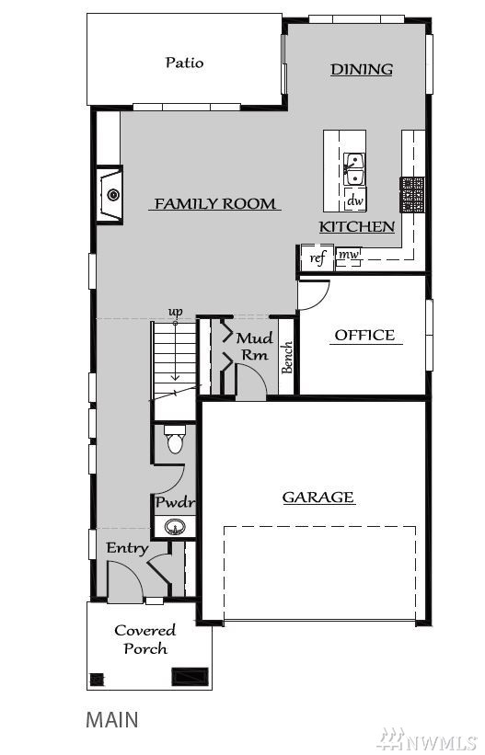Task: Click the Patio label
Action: (x=184, y=63)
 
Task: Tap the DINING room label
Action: (x=362, y=69)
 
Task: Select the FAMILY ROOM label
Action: (x=214, y=203)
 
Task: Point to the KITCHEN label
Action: (x=357, y=226)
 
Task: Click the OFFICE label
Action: (x=365, y=335)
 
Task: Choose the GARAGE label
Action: (x=318, y=497)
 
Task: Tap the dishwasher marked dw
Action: (x=355, y=200)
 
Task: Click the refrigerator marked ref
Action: (x=318, y=257)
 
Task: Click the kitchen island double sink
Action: (x=354, y=169)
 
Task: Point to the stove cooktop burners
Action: (x=411, y=195)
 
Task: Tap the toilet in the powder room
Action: (x=175, y=439)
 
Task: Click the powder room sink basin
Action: (x=175, y=527)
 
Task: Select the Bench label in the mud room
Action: (x=287, y=358)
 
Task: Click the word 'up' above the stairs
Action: (x=176, y=312)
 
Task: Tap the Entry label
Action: (x=127, y=548)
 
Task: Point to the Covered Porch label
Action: (x=145, y=639)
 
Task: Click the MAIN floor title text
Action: (x=112, y=719)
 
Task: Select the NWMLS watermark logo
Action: (x=429, y=739)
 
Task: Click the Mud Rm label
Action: (x=255, y=346)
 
